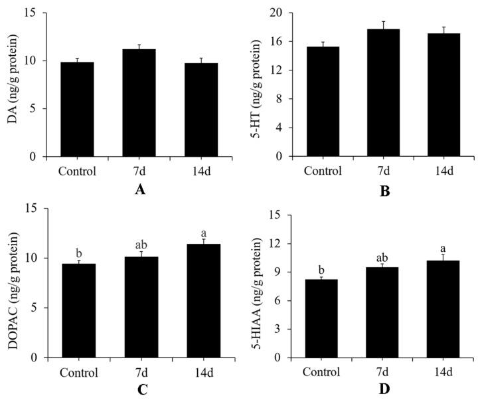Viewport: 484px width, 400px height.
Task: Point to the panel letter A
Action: [139, 190]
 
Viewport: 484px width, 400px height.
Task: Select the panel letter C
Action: [141, 389]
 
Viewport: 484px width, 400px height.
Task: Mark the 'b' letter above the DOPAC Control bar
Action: [78, 252]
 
